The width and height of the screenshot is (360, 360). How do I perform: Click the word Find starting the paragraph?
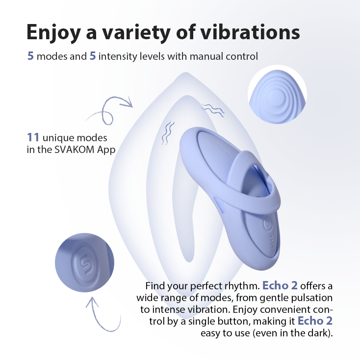click(x=154, y=286)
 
